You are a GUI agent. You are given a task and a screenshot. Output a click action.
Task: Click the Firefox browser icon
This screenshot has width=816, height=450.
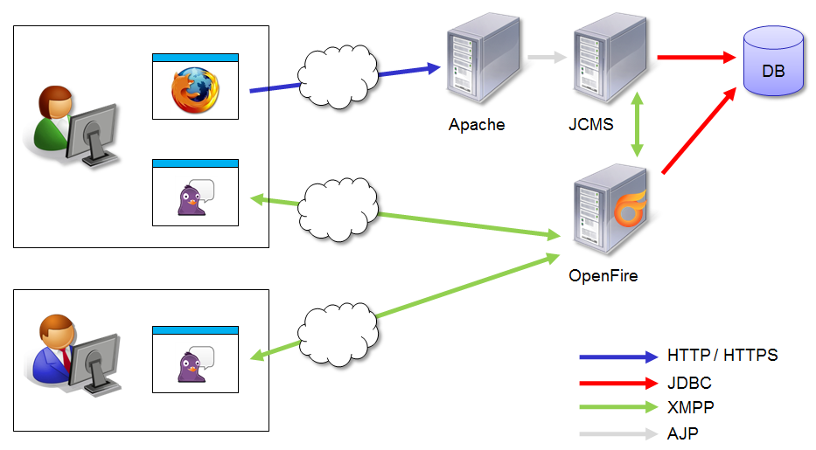point(195,91)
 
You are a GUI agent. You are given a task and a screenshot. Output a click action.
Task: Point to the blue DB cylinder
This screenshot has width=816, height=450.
point(772,61)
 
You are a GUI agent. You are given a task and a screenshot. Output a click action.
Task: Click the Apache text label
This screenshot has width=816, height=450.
point(477,124)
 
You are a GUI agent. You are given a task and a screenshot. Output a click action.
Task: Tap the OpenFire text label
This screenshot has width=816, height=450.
point(603,276)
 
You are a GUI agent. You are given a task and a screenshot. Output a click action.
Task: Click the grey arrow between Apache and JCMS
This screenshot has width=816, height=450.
point(547,59)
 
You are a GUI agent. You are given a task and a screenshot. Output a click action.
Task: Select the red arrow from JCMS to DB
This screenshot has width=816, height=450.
point(694,59)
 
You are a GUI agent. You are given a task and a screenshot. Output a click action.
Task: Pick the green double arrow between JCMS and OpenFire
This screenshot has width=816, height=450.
point(639,125)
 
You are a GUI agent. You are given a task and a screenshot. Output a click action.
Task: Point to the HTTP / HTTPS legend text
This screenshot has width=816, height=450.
point(722,356)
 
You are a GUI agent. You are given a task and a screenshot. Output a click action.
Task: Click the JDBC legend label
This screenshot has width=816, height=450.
point(689,383)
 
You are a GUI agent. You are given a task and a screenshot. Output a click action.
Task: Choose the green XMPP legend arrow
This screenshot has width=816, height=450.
point(617,407)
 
